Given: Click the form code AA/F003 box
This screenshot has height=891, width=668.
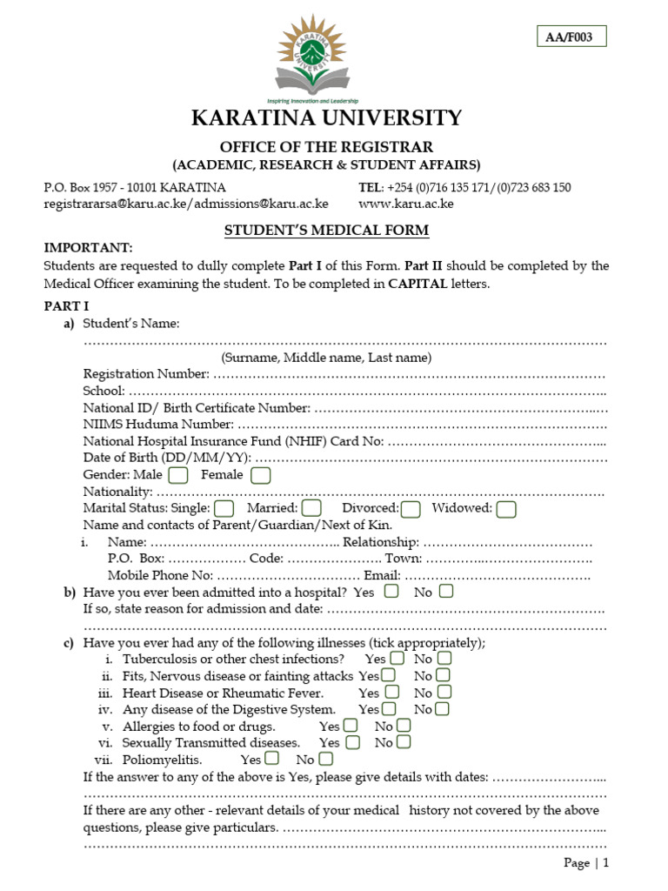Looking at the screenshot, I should pyautogui.click(x=571, y=37).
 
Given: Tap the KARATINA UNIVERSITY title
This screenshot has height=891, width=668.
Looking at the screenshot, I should pyautogui.click(x=326, y=118).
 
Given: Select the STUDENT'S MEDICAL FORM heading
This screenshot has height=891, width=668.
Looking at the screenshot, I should pyautogui.click(x=326, y=231).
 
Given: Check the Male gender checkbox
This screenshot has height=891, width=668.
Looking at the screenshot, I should pyautogui.click(x=178, y=475).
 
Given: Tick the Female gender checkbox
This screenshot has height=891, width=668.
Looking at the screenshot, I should pyautogui.click(x=260, y=475).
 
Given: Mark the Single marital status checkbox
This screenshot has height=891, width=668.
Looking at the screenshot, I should pyautogui.click(x=224, y=508).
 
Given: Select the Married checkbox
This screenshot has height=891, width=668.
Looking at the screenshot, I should pyautogui.click(x=311, y=508).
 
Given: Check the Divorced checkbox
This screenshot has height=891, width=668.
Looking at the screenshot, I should pyautogui.click(x=411, y=508).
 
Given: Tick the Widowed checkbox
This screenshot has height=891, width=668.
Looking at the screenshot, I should pyautogui.click(x=506, y=508).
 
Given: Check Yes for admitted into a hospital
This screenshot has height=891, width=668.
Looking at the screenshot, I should pyautogui.click(x=391, y=592).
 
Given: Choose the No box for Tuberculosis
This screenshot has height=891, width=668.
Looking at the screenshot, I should pyautogui.click(x=444, y=659).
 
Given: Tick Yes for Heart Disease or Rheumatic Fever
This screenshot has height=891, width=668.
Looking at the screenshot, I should pyautogui.click(x=391, y=693).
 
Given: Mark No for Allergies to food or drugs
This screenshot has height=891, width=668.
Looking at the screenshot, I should pyautogui.click(x=404, y=726).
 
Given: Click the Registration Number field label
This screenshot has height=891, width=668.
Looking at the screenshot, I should pyautogui.click(x=145, y=374).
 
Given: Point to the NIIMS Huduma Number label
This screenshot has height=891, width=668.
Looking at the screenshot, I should pyautogui.click(x=157, y=425).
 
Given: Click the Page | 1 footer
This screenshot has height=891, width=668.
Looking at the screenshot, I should pyautogui.click(x=586, y=863).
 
